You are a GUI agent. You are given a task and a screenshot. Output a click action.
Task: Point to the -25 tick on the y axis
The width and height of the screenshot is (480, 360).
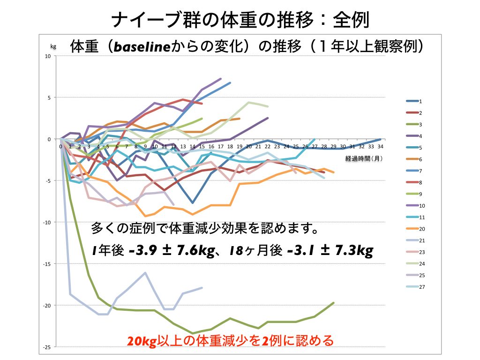(48, 347)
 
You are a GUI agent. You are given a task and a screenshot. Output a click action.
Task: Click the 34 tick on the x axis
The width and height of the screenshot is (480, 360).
(380, 146)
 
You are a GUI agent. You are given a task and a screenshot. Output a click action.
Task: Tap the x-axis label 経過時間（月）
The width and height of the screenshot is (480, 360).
(364, 158)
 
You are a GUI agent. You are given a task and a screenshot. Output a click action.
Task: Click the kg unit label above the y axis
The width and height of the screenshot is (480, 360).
(53, 46)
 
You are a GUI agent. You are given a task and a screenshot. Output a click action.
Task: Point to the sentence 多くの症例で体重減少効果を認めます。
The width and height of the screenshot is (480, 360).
(205, 230)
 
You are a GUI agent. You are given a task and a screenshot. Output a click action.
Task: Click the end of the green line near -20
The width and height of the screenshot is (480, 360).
(334, 303)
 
